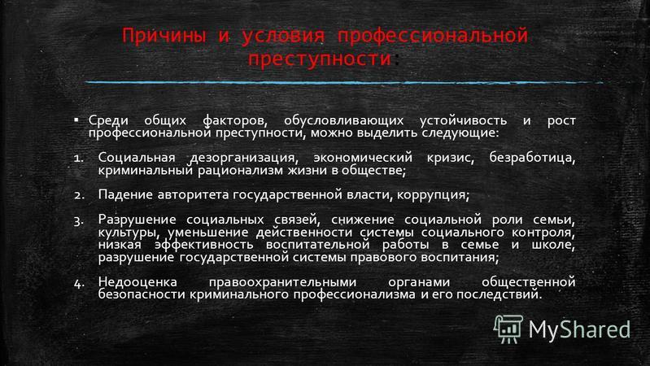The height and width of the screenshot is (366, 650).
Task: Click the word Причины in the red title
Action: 164,36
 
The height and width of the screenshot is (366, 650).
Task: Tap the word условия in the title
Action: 283,36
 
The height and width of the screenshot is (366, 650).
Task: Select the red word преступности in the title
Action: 320,59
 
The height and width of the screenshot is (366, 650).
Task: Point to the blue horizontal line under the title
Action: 344,82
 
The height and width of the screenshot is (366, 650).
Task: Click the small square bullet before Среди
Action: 76,120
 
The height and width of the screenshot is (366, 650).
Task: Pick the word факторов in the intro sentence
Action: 235,120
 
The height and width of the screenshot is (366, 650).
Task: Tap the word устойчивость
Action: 463,120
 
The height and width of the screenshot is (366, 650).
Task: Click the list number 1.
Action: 78,158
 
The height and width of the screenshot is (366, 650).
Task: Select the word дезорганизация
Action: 244,158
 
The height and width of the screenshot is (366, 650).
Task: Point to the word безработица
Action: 532,158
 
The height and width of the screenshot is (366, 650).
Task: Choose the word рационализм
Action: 241,170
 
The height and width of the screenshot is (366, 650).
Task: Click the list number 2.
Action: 79,195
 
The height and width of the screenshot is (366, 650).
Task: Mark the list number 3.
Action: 79,221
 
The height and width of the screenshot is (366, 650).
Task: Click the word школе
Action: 553,245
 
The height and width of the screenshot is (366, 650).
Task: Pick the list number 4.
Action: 79,283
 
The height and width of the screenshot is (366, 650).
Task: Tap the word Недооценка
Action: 137,282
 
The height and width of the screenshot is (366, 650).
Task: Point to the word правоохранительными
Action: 282,283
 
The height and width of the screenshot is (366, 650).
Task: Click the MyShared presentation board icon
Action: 508,329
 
